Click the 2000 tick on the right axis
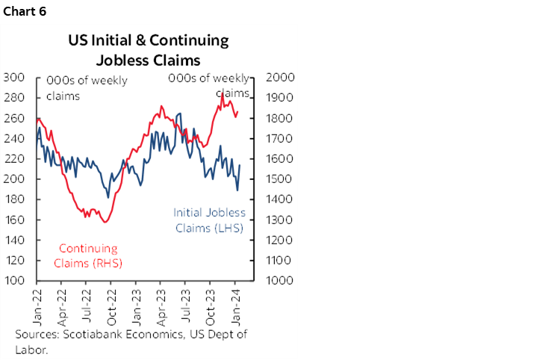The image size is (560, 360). tap(280, 77)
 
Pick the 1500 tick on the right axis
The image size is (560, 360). tap(280, 179)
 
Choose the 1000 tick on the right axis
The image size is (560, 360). tap(280, 281)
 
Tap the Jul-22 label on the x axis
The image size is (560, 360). tap(87, 305)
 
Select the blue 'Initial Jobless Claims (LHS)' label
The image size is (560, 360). tap(209, 221)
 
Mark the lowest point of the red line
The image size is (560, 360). tap(105, 222)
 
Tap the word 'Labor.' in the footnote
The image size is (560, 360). tap(31, 348)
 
